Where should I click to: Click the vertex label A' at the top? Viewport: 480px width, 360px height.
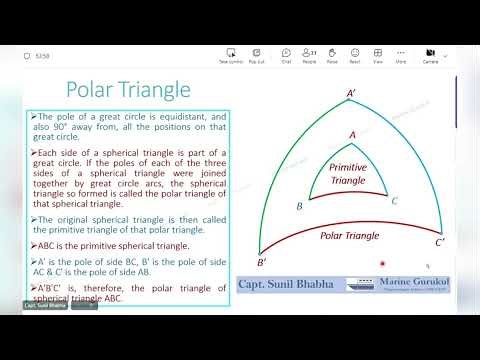click(351, 94)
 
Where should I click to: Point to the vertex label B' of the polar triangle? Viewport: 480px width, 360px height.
click(261, 262)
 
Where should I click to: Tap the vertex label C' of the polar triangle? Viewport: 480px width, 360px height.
click(440, 242)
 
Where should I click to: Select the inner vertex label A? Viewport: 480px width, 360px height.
click(351, 133)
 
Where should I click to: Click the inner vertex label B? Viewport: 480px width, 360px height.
click(300, 206)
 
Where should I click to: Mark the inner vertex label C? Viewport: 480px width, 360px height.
click(395, 201)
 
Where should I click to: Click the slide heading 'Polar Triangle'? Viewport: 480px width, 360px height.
click(128, 90)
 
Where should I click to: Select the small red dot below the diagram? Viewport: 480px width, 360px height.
click(382, 264)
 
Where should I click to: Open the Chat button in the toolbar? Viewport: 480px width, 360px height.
click(286, 54)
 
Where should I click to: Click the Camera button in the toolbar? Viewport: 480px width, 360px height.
click(431, 54)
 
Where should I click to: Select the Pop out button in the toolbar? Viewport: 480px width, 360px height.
click(256, 54)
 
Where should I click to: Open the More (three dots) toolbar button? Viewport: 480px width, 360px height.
click(400, 54)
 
